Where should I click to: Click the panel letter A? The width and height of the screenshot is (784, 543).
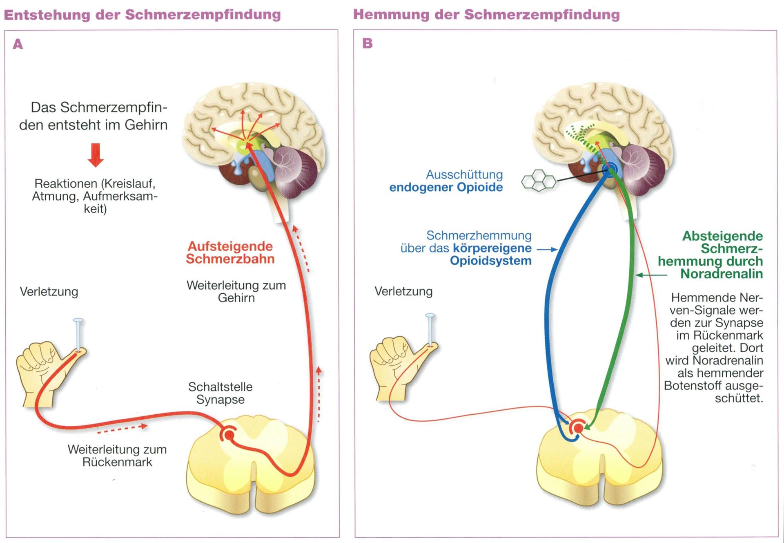18,44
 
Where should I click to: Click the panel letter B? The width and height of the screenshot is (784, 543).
367,43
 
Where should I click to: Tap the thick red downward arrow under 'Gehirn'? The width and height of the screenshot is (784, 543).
96,155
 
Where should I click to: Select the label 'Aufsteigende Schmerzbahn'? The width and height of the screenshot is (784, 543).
230,253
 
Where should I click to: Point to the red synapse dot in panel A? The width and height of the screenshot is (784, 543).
229,436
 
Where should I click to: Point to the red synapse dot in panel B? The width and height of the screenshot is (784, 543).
578,428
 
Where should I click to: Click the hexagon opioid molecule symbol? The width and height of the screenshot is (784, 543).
539,180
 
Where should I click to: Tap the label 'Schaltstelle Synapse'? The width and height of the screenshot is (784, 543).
220,393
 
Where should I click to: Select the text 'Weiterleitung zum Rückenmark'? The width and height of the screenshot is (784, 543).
117,456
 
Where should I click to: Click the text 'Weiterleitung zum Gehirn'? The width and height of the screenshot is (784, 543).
236,291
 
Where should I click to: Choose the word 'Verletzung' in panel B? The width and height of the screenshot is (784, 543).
403,291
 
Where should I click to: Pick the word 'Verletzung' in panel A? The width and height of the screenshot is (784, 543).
49,292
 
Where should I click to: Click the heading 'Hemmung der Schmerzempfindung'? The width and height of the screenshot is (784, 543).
486,15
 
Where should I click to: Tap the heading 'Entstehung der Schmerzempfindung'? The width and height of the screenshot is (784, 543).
142,15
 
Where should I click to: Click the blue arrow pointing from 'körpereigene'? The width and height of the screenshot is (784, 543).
547,249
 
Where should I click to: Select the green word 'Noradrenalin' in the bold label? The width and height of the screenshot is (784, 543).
721,274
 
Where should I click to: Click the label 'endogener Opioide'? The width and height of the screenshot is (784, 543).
446,188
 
